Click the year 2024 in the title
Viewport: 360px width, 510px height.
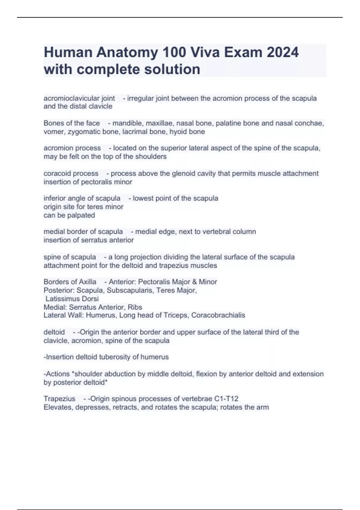click(283, 52)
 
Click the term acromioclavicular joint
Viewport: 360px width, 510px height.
click(79, 98)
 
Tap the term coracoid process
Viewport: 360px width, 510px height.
click(71, 173)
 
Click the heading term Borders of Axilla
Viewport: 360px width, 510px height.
click(70, 282)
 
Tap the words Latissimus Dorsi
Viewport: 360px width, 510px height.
click(72, 299)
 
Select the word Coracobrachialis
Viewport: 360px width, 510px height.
click(218, 315)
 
